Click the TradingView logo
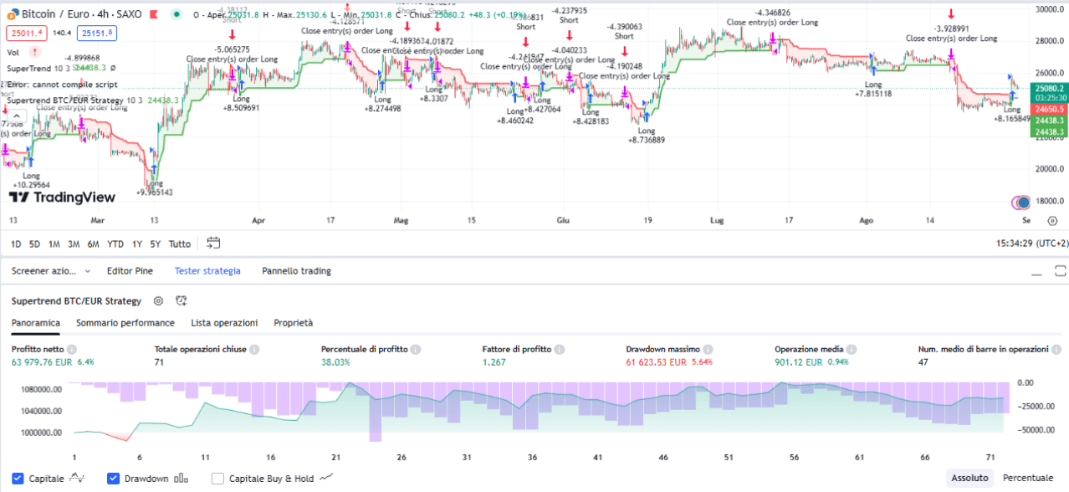tap(62, 197)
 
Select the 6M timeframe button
tap(94, 244)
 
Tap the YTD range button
tap(115, 244)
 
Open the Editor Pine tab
tap(130, 271)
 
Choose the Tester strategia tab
tap(207, 271)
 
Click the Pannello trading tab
tap(296, 271)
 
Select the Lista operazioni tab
tap(224, 323)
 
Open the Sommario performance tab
tap(125, 323)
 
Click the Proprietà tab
tap(293, 323)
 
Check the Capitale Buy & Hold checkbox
tap(218, 479)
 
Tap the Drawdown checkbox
tap(114, 479)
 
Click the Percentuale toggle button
tap(1028, 478)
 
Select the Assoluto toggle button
tap(969, 478)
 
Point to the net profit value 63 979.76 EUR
tap(42, 362)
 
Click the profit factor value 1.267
tap(496, 362)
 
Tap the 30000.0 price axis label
tap(1049, 9)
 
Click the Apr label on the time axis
tap(258, 221)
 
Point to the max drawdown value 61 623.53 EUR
tap(656, 362)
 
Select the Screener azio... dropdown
tap(51, 271)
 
